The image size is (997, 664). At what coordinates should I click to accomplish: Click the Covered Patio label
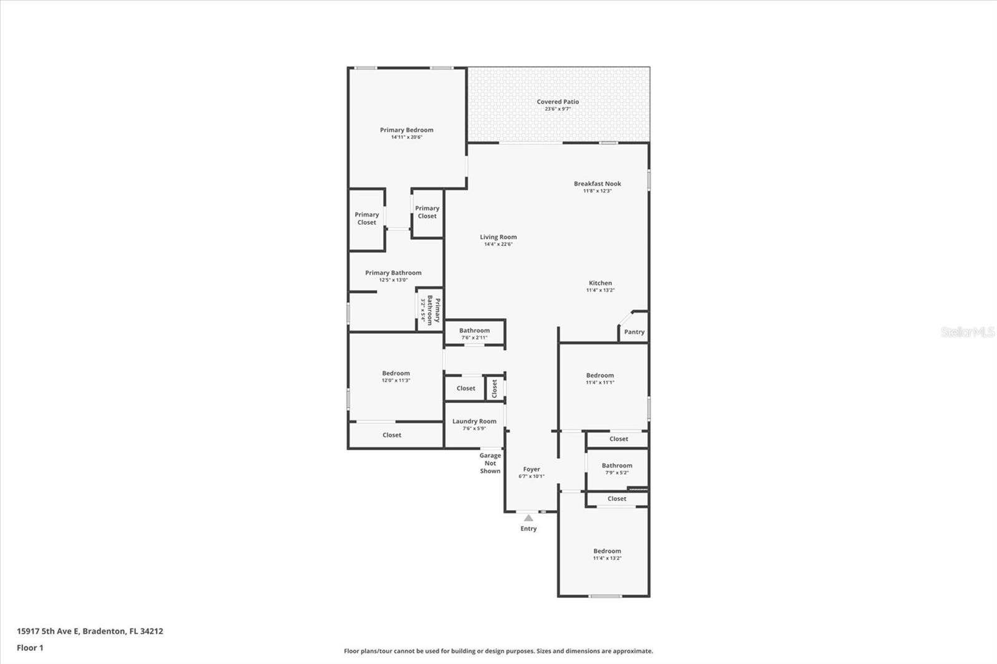click(558, 102)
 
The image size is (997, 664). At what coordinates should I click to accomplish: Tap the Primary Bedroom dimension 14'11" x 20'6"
click(406, 137)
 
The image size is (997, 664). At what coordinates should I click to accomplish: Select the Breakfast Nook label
click(597, 184)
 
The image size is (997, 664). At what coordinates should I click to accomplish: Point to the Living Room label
click(498, 237)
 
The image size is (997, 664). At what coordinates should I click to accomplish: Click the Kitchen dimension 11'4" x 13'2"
click(600, 290)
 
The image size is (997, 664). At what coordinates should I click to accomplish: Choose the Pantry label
click(634, 332)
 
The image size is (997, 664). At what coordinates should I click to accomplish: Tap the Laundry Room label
click(474, 421)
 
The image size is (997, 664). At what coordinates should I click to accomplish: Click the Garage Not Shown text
click(490, 463)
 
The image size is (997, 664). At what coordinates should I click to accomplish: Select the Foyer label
click(531, 469)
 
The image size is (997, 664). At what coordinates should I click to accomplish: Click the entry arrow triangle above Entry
click(528, 518)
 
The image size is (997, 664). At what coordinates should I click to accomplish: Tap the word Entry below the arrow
click(528, 529)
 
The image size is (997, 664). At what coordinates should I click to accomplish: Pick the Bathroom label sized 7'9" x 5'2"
click(617, 465)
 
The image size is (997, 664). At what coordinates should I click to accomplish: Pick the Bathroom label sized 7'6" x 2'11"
click(474, 331)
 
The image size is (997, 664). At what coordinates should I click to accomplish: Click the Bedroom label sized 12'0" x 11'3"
click(396, 373)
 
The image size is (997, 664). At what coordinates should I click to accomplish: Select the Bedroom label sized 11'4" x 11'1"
click(599, 376)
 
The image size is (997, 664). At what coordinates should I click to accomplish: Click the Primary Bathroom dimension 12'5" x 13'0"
click(393, 280)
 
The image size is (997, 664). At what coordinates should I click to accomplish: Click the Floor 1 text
click(30, 648)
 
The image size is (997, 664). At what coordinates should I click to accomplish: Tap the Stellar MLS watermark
click(967, 332)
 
